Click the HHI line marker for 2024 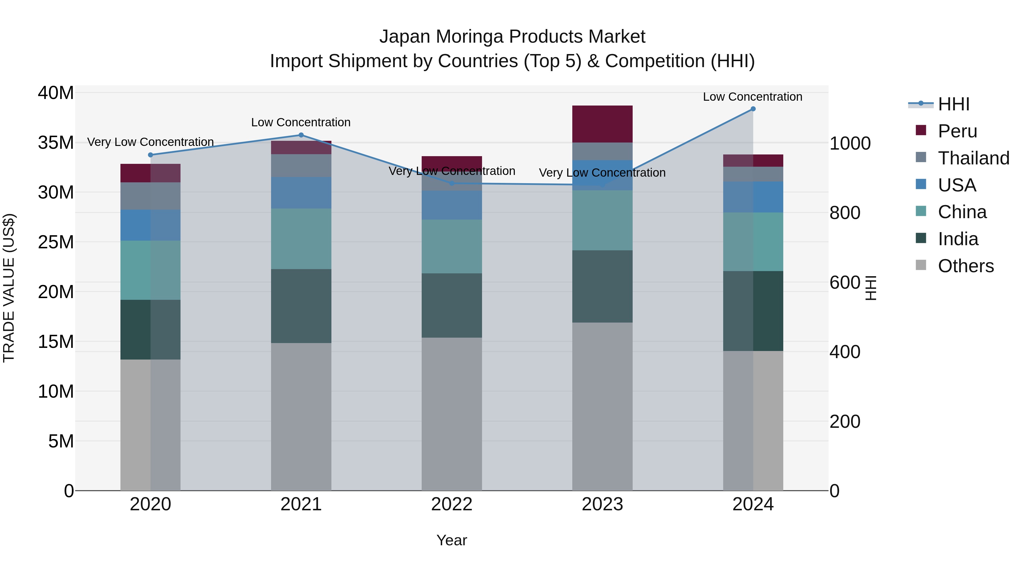[x=753, y=109]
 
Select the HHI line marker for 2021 [x=301, y=135]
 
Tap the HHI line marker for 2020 [x=150, y=155]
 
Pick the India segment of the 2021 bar [x=301, y=306]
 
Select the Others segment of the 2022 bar [x=452, y=413]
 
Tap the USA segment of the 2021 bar [x=301, y=193]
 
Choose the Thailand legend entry [x=973, y=158]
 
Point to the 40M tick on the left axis [x=56, y=93]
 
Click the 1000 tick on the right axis [x=850, y=144]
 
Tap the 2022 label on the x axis [x=452, y=504]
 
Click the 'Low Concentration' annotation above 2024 [x=753, y=97]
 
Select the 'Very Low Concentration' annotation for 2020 [x=150, y=142]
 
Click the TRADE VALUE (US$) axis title [x=9, y=288]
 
